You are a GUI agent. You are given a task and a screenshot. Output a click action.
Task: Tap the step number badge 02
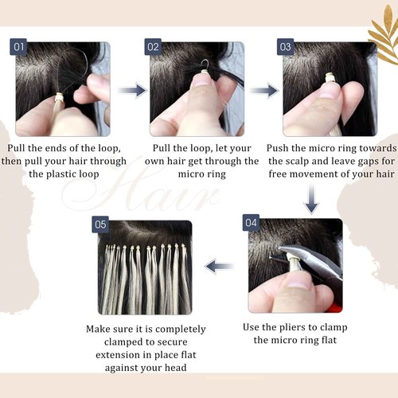[154, 47]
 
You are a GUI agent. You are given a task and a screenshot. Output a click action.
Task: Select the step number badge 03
[285, 47]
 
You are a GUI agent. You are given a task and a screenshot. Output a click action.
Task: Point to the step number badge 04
[252, 224]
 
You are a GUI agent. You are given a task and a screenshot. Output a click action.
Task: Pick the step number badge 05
[101, 224]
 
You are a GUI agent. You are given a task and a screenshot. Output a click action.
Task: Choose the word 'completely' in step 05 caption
[178, 329]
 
